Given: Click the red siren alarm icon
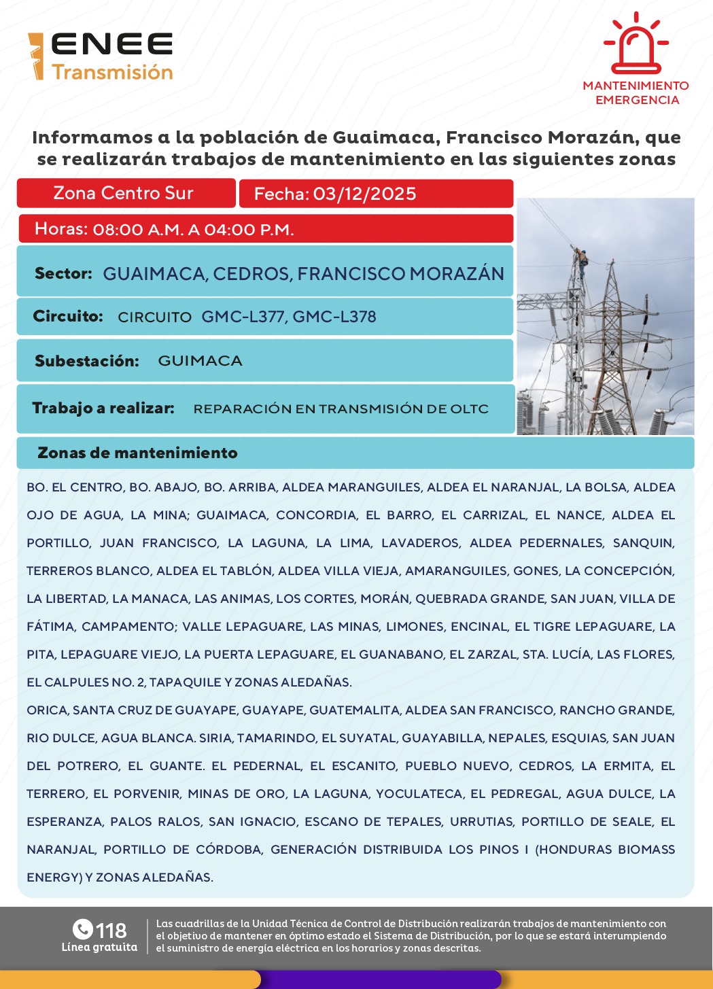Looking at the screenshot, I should (636, 45).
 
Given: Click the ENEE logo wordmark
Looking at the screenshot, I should (111, 45).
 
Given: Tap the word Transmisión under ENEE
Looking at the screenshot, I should (113, 72).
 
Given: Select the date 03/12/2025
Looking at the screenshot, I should (364, 194).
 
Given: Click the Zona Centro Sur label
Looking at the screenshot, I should (123, 194).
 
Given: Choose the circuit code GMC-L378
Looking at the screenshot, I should (334, 317).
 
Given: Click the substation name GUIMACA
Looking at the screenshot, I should (200, 361).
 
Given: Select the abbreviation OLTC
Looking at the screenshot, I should (469, 409).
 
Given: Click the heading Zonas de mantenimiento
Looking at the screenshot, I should (137, 453).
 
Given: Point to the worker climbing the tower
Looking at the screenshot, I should (581, 261).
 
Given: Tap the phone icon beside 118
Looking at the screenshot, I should (82, 929).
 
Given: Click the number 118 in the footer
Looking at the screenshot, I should (111, 931).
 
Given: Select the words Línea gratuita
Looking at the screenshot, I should (99, 948).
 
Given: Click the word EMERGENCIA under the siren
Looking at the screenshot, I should (637, 101).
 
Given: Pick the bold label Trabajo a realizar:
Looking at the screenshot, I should (103, 409).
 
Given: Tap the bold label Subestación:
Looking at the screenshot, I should (87, 361).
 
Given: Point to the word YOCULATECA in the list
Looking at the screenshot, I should (419, 794).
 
